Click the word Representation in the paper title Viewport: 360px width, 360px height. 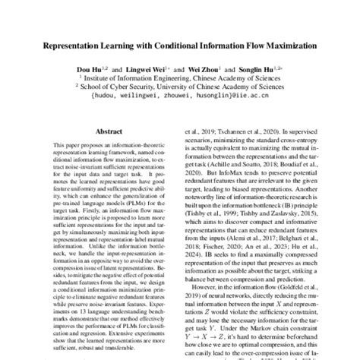tap(75, 46)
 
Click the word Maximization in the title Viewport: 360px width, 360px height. tap(285, 46)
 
